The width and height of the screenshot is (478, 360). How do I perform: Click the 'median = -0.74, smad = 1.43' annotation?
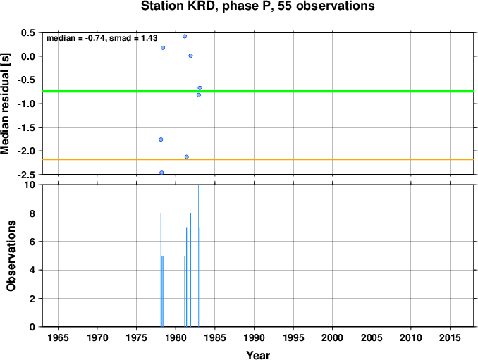(x=102, y=38)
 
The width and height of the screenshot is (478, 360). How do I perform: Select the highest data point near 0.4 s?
(x=185, y=36)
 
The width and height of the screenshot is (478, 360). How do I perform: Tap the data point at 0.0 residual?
(x=190, y=56)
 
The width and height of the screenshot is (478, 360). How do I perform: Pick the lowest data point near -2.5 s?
(x=161, y=173)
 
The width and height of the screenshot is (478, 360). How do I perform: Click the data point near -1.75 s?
(x=161, y=139)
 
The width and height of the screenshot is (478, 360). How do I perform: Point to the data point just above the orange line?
(x=187, y=157)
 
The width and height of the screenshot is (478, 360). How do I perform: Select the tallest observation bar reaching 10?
(x=198, y=256)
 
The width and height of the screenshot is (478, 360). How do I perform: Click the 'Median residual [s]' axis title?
(x=5, y=104)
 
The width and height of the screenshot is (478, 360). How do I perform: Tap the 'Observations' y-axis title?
(x=11, y=256)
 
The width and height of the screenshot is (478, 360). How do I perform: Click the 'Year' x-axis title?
(x=258, y=355)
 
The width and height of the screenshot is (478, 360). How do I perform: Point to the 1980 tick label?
(x=176, y=337)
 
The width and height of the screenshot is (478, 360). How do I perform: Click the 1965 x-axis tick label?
(x=58, y=337)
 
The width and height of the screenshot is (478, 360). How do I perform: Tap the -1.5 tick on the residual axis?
(x=26, y=128)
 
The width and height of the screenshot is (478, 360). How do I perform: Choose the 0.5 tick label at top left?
(x=28, y=32)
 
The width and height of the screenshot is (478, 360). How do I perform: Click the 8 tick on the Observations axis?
(x=32, y=213)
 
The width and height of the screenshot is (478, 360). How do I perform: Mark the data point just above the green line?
(x=200, y=88)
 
